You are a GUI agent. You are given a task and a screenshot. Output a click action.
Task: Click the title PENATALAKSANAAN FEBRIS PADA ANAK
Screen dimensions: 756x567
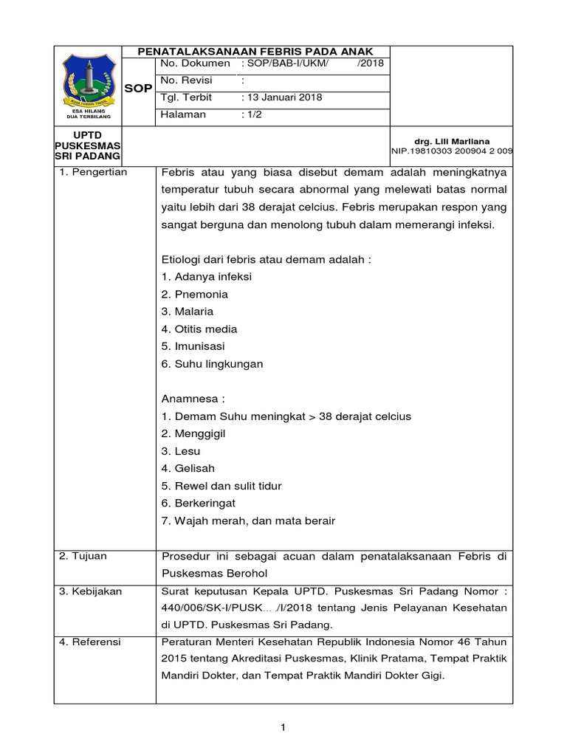tap(256, 51)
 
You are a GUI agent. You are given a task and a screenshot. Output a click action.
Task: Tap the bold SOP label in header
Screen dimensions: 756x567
tap(139, 89)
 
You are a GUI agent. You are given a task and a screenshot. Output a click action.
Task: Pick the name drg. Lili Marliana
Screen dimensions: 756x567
tap(453, 141)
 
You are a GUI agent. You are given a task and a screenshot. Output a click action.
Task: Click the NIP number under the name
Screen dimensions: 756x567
tap(452, 151)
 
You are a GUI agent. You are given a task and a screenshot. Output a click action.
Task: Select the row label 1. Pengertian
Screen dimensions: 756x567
tap(93, 172)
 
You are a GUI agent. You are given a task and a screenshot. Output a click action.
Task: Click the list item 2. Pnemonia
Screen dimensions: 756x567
tap(194, 295)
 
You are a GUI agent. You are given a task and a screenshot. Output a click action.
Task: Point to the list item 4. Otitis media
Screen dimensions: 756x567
tap(199, 329)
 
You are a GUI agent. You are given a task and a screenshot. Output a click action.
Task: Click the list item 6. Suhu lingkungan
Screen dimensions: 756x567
tap(211, 364)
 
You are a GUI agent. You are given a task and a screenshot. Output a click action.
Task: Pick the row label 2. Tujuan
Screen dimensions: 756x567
tap(83, 556)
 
